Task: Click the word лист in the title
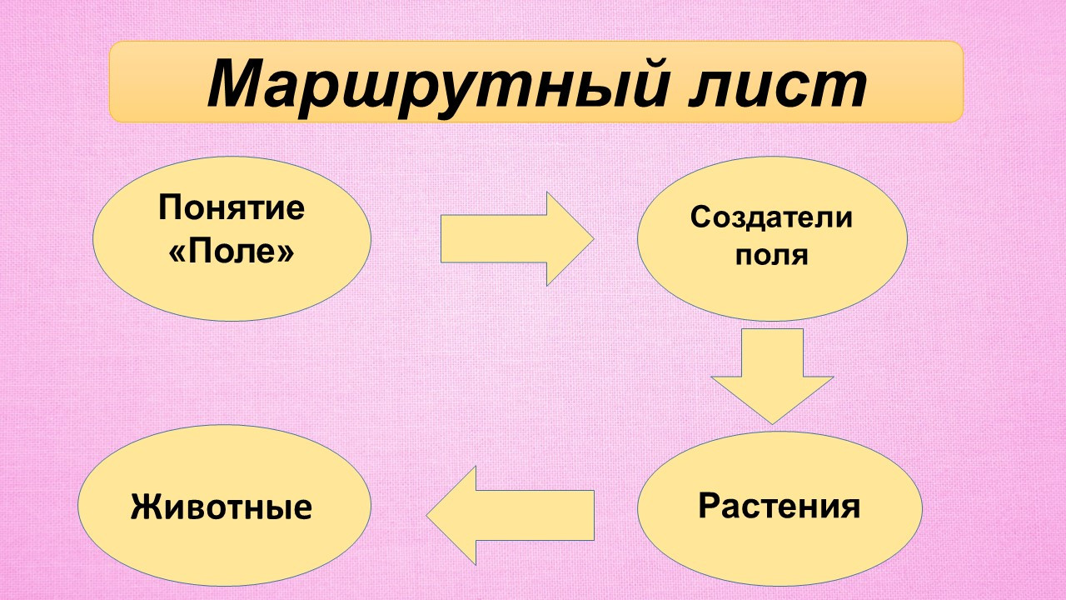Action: click(778, 87)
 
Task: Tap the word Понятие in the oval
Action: click(232, 208)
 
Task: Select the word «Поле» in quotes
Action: click(232, 251)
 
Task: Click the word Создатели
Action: click(771, 217)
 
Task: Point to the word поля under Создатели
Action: click(771, 256)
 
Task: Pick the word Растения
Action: click(780, 506)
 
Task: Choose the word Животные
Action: click(222, 507)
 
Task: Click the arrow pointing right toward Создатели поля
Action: click(517, 238)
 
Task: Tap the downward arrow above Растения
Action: click(772, 376)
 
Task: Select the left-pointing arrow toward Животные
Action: click(511, 516)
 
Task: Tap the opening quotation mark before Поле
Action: click(177, 252)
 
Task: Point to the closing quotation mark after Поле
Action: click(286, 252)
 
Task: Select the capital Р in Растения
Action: click(709, 505)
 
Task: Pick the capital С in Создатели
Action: click(700, 217)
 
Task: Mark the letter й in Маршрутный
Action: click(642, 81)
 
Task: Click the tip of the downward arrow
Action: click(772, 424)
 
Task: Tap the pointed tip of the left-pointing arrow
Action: click(427, 516)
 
